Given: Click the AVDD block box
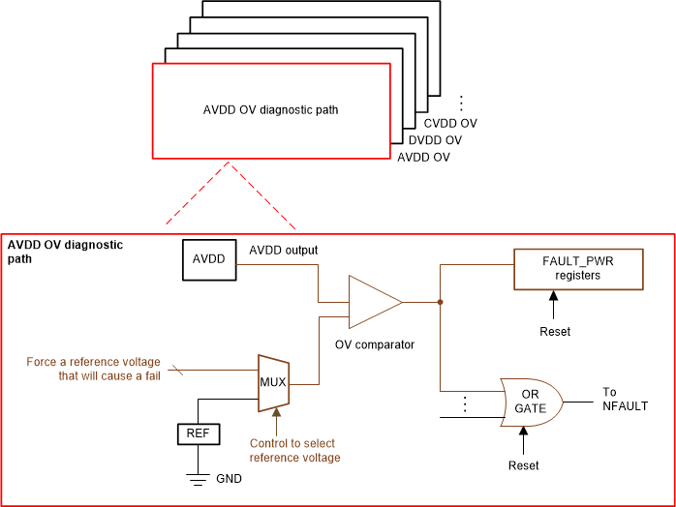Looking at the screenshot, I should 209,260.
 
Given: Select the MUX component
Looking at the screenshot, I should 272,381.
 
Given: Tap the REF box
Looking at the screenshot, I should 198,433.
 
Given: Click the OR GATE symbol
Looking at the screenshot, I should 531,401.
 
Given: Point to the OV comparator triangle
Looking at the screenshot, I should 374,302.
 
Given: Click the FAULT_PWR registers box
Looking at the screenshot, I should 578,268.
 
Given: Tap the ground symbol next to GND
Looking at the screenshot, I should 198,477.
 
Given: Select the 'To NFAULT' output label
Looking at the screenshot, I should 625,399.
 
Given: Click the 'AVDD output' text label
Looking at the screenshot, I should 284,251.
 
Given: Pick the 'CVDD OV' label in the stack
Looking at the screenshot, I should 450,124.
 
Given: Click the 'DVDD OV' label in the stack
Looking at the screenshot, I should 435,140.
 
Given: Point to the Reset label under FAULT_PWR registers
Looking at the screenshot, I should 555,331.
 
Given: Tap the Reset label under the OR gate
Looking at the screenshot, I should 524,465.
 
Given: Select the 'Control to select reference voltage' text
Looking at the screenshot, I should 294,451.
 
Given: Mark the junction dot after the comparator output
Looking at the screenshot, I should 440,302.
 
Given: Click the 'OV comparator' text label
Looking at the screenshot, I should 375,344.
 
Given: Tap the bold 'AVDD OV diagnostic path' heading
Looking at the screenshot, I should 65,252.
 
